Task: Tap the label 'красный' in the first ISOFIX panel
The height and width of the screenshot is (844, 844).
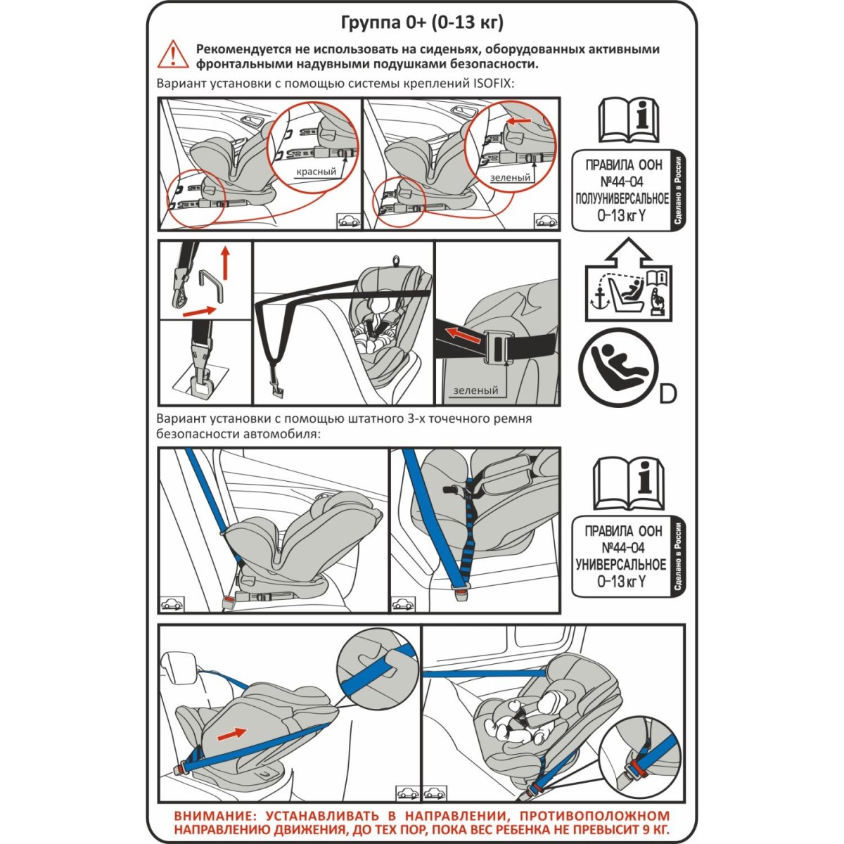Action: tap(316, 172)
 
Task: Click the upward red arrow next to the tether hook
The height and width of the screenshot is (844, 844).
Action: tap(224, 264)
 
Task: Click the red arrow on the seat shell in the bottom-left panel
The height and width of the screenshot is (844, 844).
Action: tap(232, 733)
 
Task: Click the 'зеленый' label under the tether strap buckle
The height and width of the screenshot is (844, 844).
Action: tap(475, 391)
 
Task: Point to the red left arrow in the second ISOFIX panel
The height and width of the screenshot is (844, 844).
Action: tap(520, 122)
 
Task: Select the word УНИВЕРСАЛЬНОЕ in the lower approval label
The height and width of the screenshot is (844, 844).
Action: tap(621, 565)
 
